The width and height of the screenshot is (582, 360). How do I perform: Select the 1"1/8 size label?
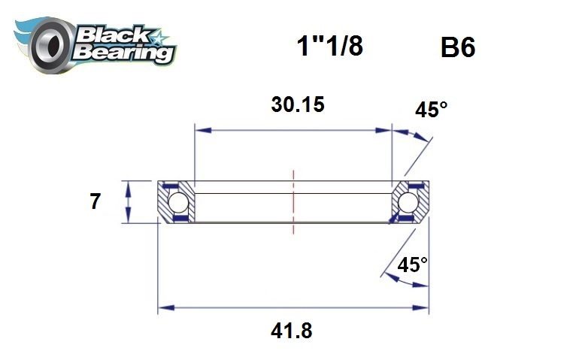coord(329,46)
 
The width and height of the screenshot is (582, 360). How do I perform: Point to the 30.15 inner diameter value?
coord(297,104)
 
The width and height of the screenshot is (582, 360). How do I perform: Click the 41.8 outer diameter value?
coord(292,331)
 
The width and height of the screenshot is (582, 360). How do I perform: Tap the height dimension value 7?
coord(95,202)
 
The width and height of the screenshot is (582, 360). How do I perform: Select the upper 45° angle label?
coord(431,110)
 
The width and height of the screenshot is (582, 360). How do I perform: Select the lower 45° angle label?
coord(412,265)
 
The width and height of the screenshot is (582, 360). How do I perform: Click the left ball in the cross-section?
coord(177,202)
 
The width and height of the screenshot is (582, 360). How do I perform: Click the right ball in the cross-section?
coord(408,202)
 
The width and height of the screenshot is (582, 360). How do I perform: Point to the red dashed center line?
coord(293,203)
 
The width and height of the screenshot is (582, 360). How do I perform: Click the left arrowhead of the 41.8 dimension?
coord(163,307)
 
